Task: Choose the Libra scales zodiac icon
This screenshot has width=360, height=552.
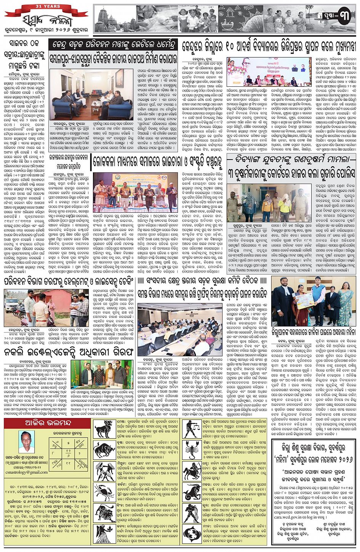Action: (x=192, y=428)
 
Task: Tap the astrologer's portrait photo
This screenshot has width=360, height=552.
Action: (x=26, y=441)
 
